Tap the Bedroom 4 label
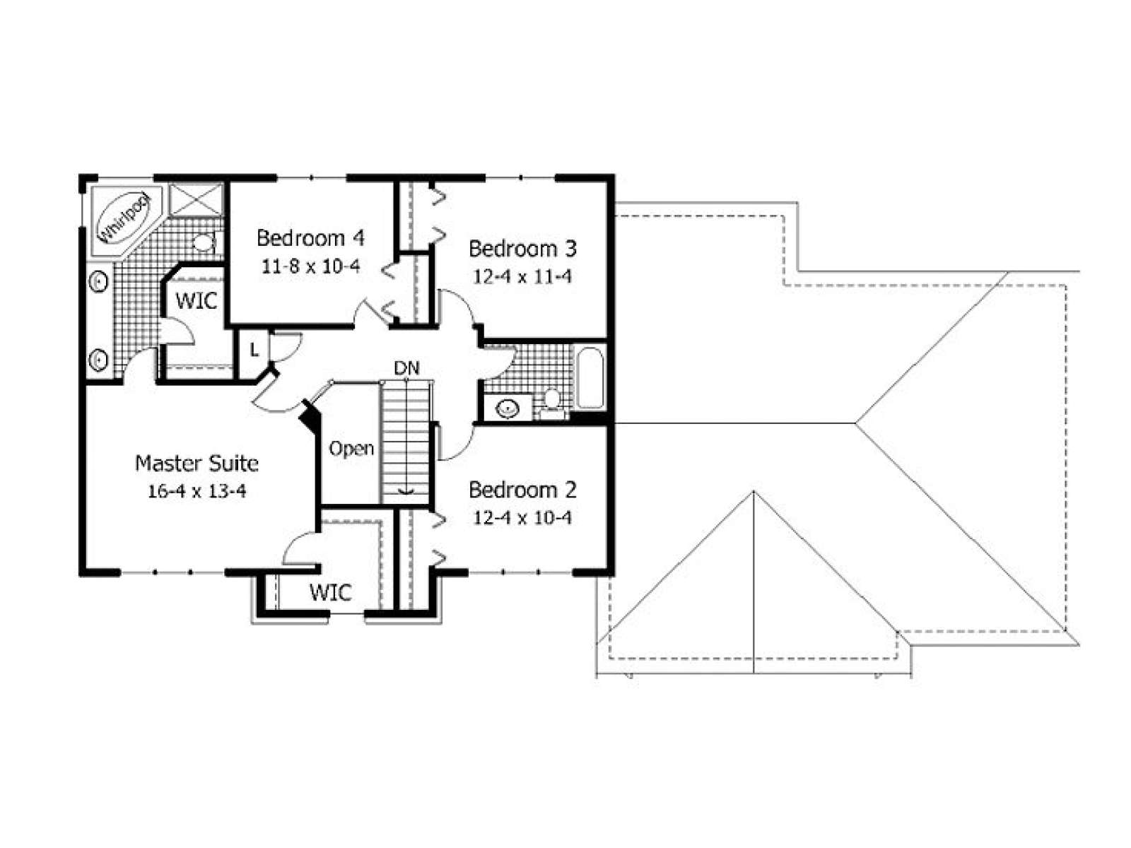click(310, 238)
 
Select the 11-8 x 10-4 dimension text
click(310, 266)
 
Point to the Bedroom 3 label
click(522, 249)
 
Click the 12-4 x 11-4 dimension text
click(522, 277)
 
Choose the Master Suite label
click(197, 464)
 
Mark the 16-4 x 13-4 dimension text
click(197, 492)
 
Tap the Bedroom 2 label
click(522, 490)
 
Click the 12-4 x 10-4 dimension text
click(522, 518)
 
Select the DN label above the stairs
click(406, 368)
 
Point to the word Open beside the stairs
click(351, 449)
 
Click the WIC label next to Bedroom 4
click(196, 301)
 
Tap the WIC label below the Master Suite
click(331, 593)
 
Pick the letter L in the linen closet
click(254, 351)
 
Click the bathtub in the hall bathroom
click(590, 379)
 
